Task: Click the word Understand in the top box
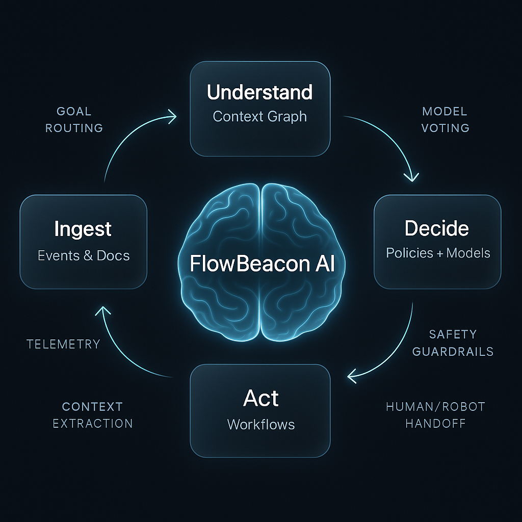259,93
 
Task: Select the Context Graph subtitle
259,116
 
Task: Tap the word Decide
437,228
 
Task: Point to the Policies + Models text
438,253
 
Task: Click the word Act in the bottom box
261,398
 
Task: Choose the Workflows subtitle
261,424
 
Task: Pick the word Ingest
83,229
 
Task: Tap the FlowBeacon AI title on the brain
262,264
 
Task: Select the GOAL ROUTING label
74,120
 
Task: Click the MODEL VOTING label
445,120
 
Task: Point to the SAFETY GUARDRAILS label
453,343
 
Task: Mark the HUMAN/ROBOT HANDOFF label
435,415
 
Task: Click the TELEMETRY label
63,344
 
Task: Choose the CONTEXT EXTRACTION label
92,415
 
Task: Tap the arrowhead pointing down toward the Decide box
411,176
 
